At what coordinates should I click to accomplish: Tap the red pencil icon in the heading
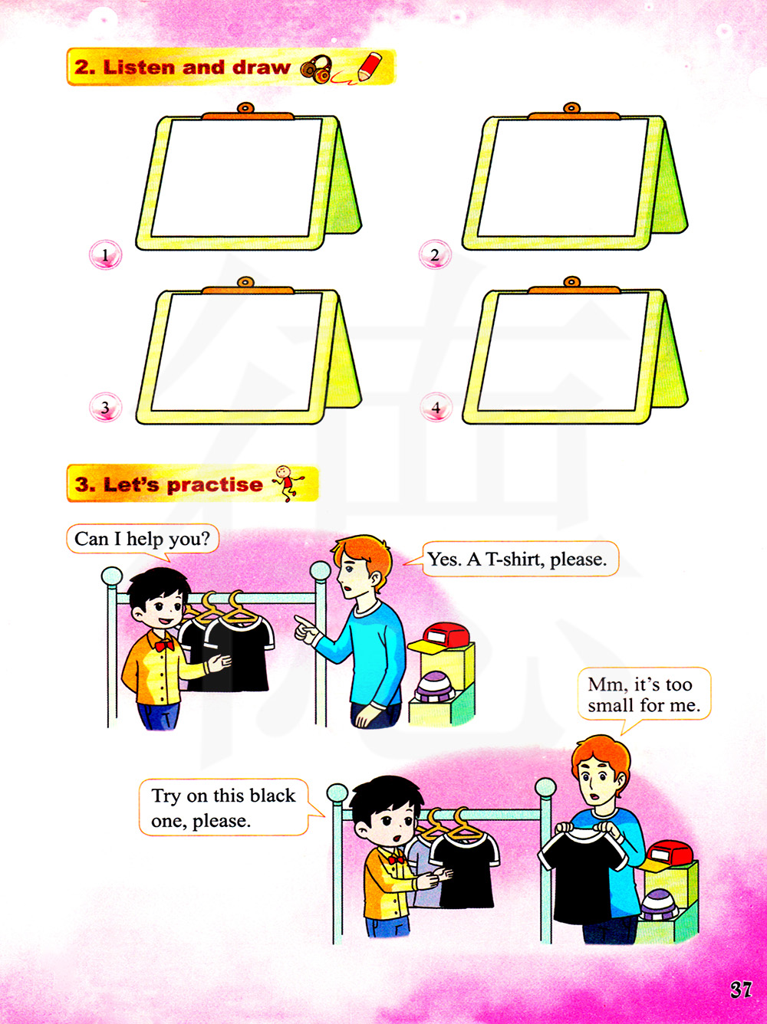coord(369,66)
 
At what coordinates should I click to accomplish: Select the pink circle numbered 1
coord(106,254)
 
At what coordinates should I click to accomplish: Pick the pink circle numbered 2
coord(435,254)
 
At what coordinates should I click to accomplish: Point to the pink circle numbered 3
coord(106,407)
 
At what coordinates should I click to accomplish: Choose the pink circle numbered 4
coord(436,407)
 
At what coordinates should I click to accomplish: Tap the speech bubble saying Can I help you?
coord(143,540)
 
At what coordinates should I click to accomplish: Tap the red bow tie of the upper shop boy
coord(164,645)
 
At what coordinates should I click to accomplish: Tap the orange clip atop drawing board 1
coord(246,112)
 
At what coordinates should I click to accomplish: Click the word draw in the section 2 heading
coord(262,67)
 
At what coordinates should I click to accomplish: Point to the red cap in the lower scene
coord(667,856)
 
